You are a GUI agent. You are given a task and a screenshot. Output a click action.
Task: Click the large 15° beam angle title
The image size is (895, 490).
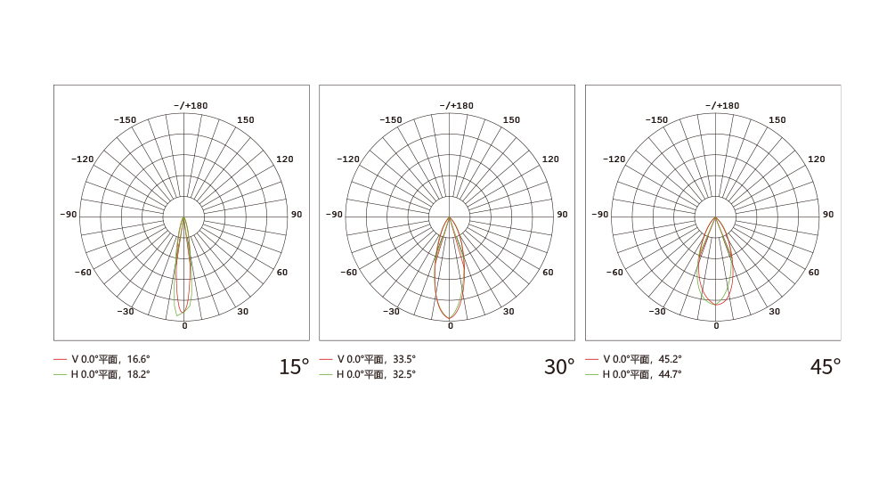(x=293, y=367)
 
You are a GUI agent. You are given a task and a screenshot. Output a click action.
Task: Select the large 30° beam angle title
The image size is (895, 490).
(x=558, y=367)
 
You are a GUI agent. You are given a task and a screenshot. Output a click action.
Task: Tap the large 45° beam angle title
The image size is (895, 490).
(x=826, y=367)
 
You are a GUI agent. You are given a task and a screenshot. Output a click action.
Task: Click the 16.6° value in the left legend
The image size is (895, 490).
(x=138, y=359)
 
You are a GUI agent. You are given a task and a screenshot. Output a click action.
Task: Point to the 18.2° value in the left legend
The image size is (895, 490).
(x=138, y=375)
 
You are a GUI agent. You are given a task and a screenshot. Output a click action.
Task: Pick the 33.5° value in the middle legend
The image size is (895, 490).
(x=404, y=359)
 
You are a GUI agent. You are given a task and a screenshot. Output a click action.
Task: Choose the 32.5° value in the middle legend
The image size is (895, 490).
(x=404, y=375)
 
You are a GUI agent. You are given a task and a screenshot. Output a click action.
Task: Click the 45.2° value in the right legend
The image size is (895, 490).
(x=670, y=359)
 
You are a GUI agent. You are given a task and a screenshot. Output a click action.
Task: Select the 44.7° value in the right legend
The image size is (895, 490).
(x=670, y=375)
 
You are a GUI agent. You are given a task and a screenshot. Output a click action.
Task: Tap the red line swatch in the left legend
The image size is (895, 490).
(x=60, y=359)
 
